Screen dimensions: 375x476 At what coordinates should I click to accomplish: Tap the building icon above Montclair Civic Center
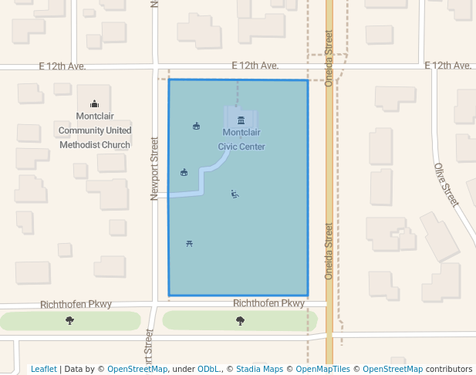pyautogui.click(x=241, y=120)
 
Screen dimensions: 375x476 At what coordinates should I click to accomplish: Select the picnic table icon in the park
pyautogui.click(x=189, y=244)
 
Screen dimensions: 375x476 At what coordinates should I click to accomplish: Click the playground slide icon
pyautogui.click(x=235, y=194)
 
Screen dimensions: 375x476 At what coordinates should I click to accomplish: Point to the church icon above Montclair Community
pyautogui.click(x=94, y=104)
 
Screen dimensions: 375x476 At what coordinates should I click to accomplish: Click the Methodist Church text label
pyautogui.click(x=95, y=144)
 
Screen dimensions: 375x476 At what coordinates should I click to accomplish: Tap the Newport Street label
pyautogui.click(x=155, y=168)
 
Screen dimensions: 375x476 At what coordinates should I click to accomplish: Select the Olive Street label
pyautogui.click(x=447, y=184)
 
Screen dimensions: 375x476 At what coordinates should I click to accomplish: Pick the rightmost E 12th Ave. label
pyautogui.click(x=447, y=66)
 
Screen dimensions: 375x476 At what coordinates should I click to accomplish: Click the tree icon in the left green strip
pyautogui.click(x=70, y=320)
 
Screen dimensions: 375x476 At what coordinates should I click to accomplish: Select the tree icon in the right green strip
pyautogui.click(x=240, y=320)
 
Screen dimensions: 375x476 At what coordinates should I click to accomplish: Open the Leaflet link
pyautogui.click(x=43, y=370)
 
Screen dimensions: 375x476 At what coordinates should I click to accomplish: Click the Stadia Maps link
pyautogui.click(x=258, y=370)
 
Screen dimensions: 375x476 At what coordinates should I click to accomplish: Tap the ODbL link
pyautogui.click(x=208, y=370)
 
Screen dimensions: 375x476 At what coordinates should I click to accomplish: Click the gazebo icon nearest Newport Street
pyautogui.click(x=184, y=172)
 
